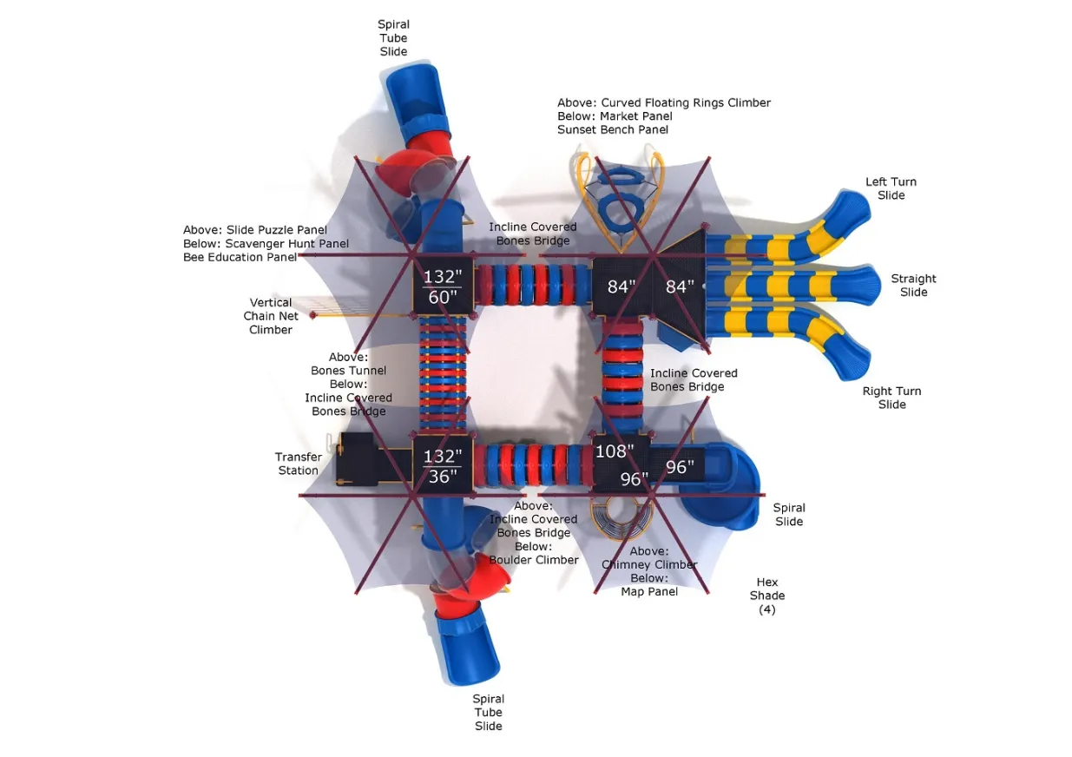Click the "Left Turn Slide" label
coord(891,188)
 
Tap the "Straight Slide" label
coord(913,286)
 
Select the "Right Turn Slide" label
coord(891,398)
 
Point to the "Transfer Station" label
coord(298,464)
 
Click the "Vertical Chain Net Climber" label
coord(271,316)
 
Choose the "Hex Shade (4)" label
coord(767,596)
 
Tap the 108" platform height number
coord(614,451)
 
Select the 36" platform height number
coord(442,477)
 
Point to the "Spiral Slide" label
coord(789,515)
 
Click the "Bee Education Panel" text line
coord(240,257)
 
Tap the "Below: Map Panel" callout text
coord(650,585)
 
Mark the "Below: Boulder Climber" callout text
coord(534,553)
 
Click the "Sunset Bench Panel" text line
coord(613,130)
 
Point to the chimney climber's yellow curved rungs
coord(620,517)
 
